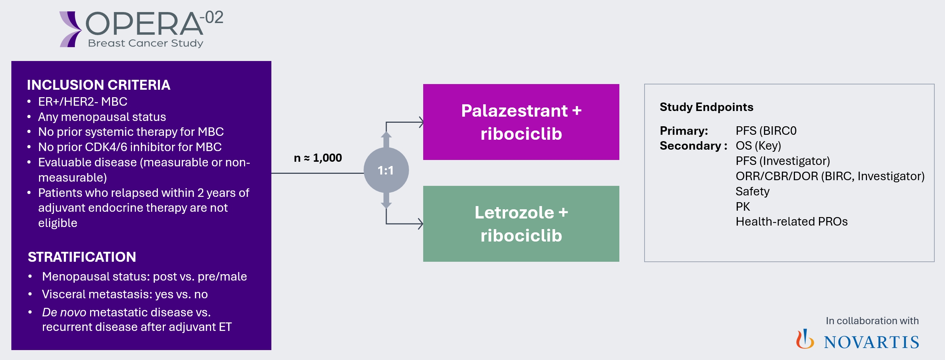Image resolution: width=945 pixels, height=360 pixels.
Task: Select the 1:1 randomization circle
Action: coord(386,170)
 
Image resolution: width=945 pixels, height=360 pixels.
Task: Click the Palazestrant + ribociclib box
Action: coord(521,122)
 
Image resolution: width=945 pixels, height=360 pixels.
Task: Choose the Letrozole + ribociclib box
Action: coord(521,223)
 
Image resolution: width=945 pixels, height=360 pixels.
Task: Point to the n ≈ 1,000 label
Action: coord(318,158)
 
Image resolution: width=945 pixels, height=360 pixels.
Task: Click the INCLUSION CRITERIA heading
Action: coord(98,85)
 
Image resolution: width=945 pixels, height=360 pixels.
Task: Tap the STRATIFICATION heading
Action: coord(82,257)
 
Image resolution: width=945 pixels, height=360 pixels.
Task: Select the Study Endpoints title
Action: coord(706,107)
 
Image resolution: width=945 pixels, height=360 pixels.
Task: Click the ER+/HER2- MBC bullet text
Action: coord(83,102)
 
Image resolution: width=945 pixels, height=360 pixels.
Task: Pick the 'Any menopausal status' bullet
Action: coord(102,117)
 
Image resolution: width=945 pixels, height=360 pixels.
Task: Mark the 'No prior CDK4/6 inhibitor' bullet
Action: coord(130,147)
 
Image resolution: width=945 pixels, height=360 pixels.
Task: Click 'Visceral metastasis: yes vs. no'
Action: coord(125,294)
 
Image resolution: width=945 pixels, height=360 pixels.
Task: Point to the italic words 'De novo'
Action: coord(64,312)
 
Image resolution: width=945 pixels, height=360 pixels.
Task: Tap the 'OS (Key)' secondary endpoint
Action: coord(758,146)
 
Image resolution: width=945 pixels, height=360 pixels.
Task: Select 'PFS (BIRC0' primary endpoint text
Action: coord(766,131)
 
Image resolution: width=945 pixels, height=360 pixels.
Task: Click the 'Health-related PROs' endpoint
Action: coord(791,222)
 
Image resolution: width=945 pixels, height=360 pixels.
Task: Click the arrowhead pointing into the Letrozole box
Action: coord(420,223)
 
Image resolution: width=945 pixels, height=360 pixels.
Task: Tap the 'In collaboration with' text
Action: coord(872,321)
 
